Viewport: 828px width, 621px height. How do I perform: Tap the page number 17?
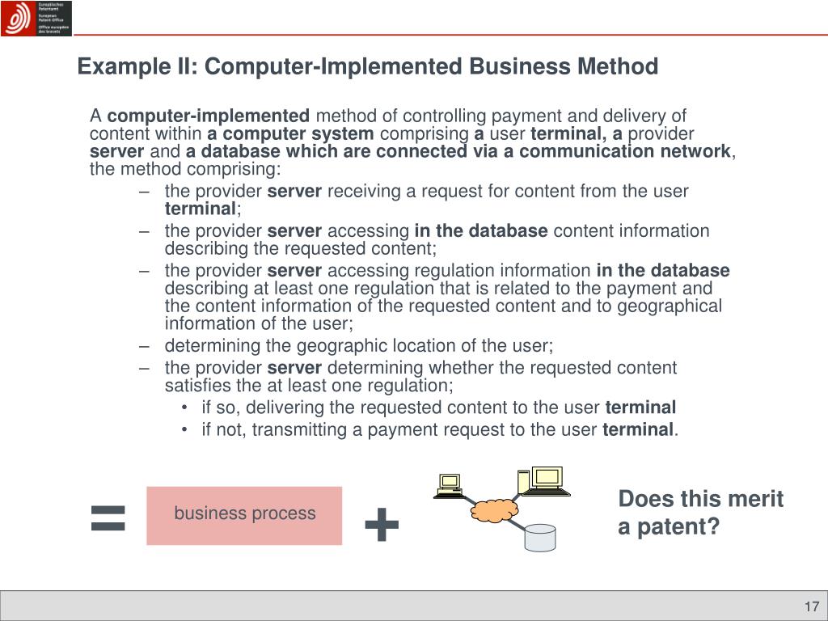click(812, 607)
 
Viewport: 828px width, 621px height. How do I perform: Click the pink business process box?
click(244, 514)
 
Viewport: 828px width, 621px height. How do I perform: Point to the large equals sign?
click(108, 517)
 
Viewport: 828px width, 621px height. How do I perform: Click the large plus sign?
click(382, 526)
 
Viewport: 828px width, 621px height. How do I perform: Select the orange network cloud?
click(493, 510)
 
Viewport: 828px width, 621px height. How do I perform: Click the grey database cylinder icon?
click(539, 537)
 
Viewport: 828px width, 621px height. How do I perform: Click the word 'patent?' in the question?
click(679, 527)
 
